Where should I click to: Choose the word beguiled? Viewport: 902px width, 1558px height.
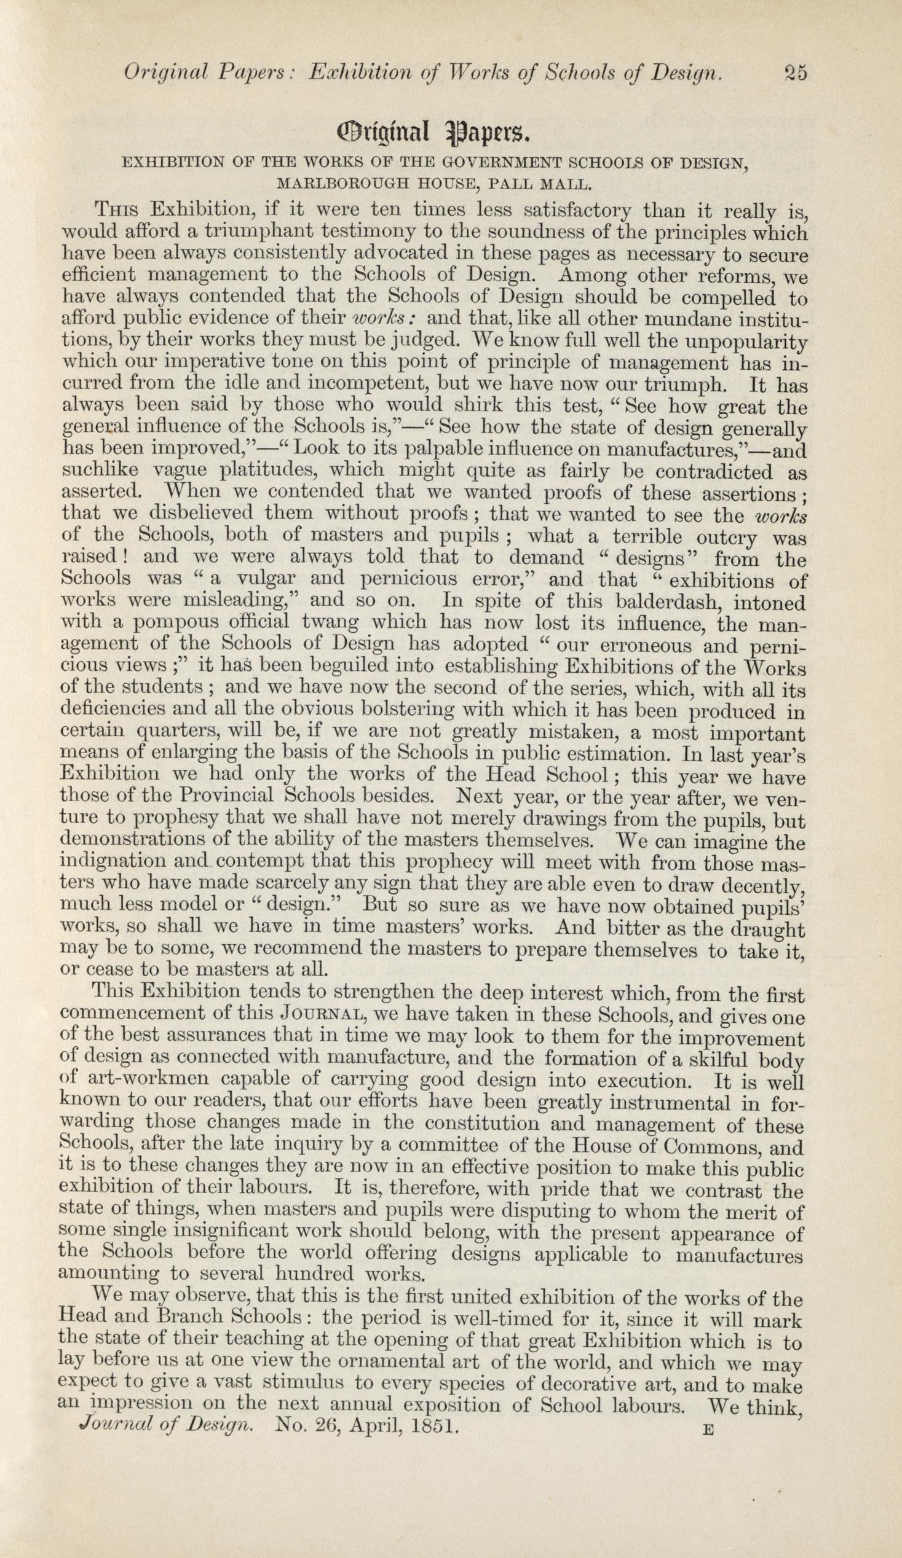[314, 667]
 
